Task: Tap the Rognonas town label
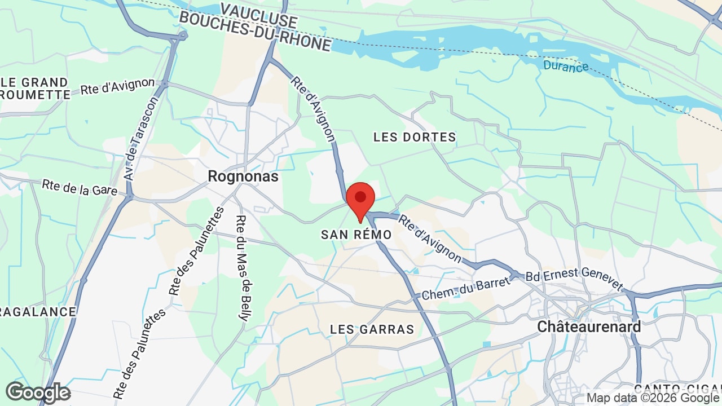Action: pyautogui.click(x=243, y=176)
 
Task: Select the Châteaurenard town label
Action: pyautogui.click(x=589, y=326)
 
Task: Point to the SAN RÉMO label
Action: pyautogui.click(x=356, y=235)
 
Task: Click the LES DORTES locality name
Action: pyautogui.click(x=415, y=137)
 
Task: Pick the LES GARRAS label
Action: pyautogui.click(x=372, y=329)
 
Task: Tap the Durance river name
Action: pyautogui.click(x=566, y=66)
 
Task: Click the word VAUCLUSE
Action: pyautogui.click(x=259, y=15)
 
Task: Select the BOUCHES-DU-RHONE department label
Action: pyautogui.click(x=254, y=31)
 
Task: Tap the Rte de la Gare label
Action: pyautogui.click(x=79, y=187)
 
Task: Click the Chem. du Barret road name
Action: pyautogui.click(x=465, y=289)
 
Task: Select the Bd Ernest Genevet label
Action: pyautogui.click(x=574, y=280)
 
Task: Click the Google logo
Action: pyautogui.click(x=38, y=392)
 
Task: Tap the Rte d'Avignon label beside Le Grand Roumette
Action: pyautogui.click(x=117, y=86)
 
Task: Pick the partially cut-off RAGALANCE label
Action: pyautogui.click(x=37, y=312)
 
